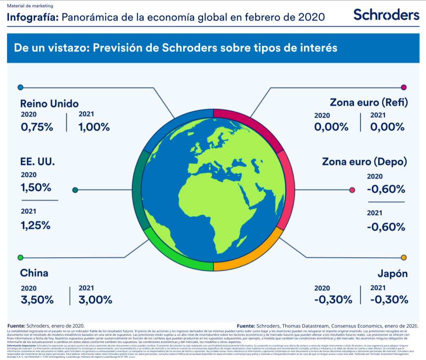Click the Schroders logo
coord(386,15)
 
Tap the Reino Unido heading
coord(49,103)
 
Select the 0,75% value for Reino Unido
coord(37,127)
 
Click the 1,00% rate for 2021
coord(94,127)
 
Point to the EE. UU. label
coord(37,161)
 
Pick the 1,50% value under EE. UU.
coord(36,188)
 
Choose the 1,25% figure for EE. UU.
coord(36,225)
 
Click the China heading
coord(34,273)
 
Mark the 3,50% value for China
coord(37,300)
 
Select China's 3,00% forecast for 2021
coord(95,300)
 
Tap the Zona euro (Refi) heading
coord(369,103)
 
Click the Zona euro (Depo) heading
coord(365,161)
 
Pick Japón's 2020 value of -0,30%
coord(333,300)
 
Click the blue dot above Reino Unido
coord(21,87)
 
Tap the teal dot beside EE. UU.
coord(75,190)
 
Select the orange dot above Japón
coord(404,257)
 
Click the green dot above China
coord(21,257)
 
